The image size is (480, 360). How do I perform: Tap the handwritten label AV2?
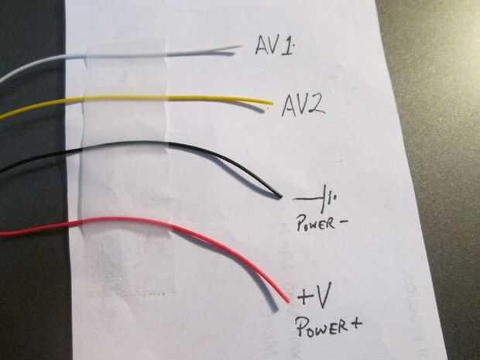click(x=303, y=103)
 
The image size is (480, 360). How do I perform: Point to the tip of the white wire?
click(x=241, y=46)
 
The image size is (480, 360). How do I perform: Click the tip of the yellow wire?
click(x=272, y=102)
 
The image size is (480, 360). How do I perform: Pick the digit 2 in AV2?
click(x=317, y=103)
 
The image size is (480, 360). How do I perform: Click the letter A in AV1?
click(x=262, y=46)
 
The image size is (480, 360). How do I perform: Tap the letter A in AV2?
click(x=287, y=104)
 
